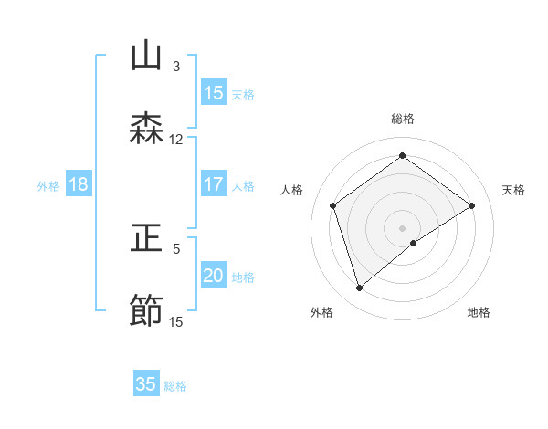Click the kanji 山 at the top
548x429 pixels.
(147, 56)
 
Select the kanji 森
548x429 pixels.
(147, 128)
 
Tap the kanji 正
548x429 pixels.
(147, 239)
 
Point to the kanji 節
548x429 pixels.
(147, 310)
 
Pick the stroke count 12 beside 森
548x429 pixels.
(175, 140)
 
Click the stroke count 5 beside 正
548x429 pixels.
(176, 247)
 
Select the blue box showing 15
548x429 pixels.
(214, 93)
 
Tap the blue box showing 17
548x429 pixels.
(214, 184)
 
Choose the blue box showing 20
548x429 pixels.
(214, 276)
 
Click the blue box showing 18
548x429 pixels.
(79, 184)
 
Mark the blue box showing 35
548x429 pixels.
(146, 384)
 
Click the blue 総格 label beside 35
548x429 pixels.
(175, 386)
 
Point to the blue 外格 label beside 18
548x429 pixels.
(48, 186)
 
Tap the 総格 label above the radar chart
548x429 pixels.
(403, 119)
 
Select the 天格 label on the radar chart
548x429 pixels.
(513, 190)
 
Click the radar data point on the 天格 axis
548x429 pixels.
(471, 205)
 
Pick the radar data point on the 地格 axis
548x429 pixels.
(414, 243)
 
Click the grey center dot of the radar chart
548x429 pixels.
(402, 227)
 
